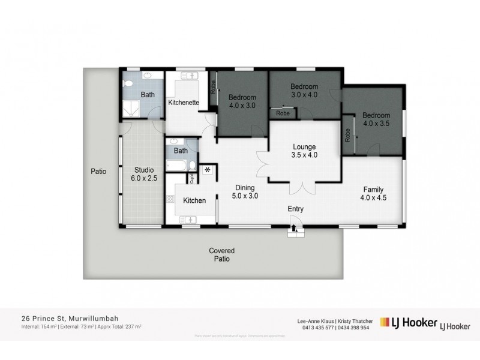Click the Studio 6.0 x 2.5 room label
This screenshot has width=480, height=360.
[x=143, y=174]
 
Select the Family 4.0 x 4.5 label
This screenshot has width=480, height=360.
[x=374, y=193]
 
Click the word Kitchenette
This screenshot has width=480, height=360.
[x=184, y=103]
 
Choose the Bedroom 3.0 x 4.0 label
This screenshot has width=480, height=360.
[x=304, y=90]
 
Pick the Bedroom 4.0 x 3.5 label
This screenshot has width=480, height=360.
[x=376, y=119]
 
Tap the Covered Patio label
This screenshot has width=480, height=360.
[x=221, y=255]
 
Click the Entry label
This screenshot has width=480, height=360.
[x=295, y=209]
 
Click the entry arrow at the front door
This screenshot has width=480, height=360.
[x=294, y=226]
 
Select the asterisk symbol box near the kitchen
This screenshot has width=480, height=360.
[x=208, y=170]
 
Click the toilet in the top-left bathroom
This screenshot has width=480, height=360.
[x=127, y=84]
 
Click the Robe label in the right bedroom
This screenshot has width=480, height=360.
[x=347, y=136]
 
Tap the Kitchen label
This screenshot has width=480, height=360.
[x=194, y=200]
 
